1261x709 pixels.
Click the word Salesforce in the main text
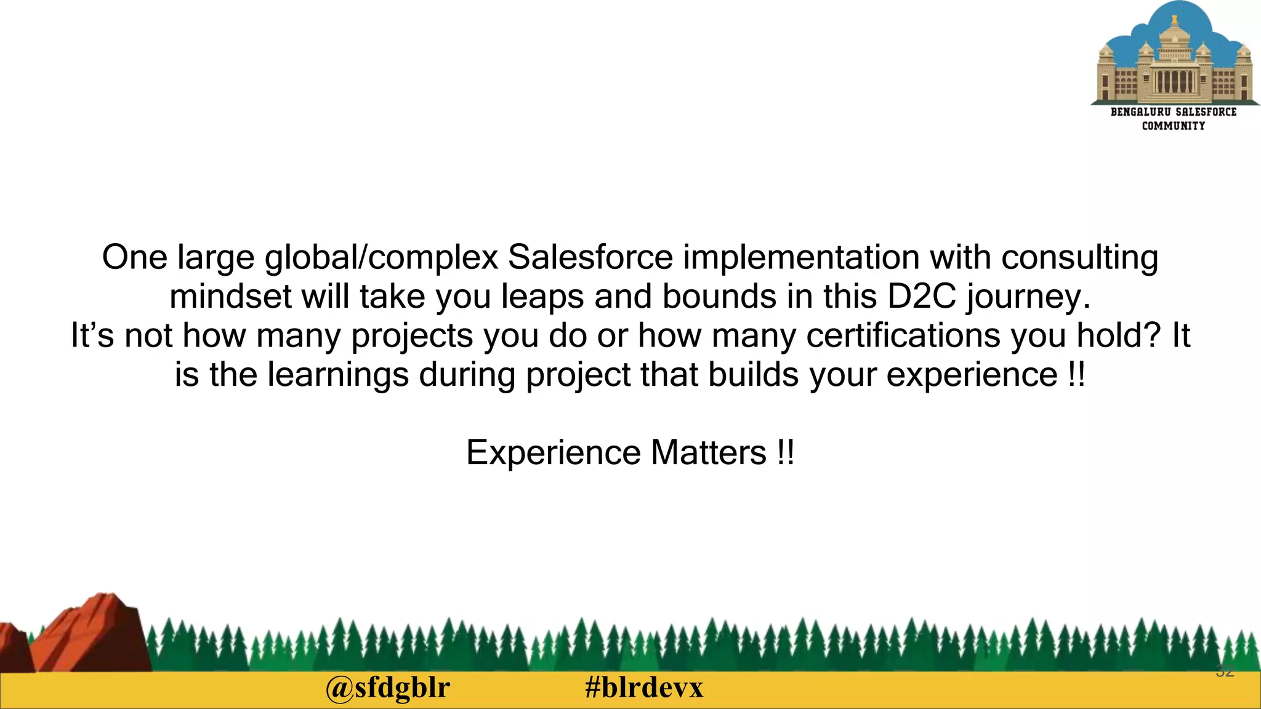(590, 257)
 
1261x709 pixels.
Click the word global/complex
(381, 257)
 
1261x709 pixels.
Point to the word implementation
(801, 257)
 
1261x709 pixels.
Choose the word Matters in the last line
(708, 453)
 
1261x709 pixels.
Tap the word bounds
(719, 297)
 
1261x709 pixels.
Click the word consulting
(1079, 257)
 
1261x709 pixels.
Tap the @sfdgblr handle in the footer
(388, 688)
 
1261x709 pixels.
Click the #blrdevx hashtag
(644, 688)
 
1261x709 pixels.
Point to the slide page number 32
(1225, 671)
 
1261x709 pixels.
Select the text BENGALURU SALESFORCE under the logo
(1173, 112)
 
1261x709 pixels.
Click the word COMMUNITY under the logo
(1173, 126)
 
